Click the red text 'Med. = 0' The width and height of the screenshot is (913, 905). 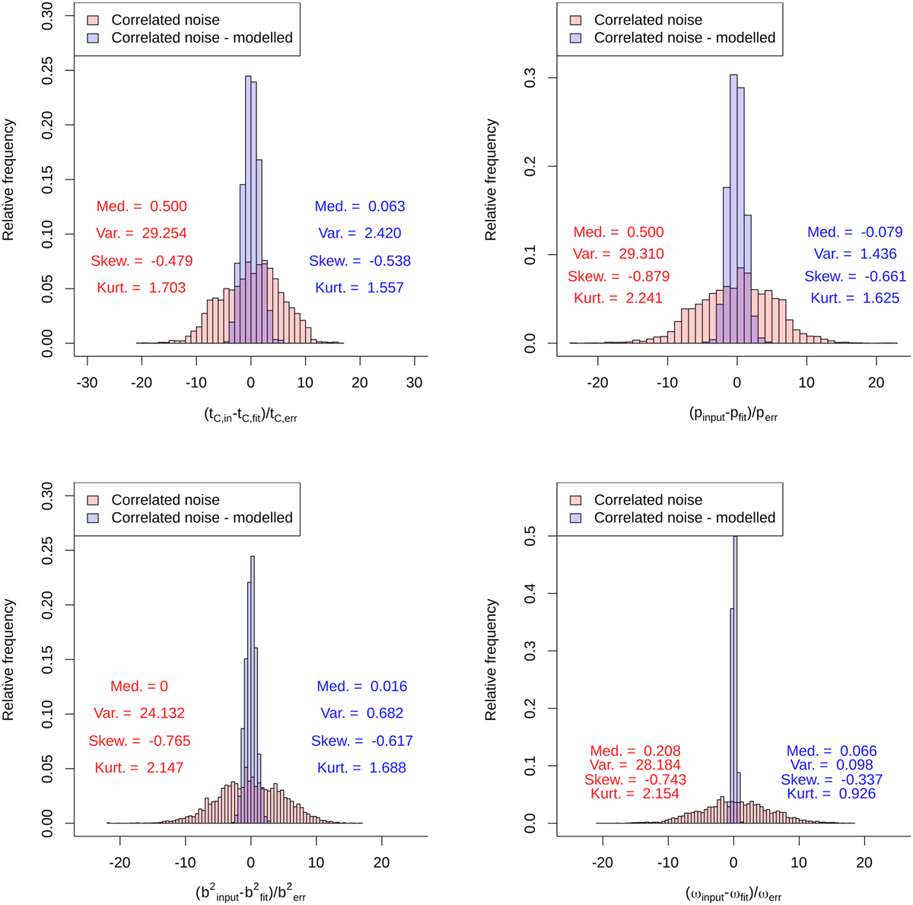click(139, 687)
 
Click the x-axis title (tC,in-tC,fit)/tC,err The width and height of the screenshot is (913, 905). click(250, 416)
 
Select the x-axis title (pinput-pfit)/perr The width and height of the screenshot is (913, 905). click(733, 416)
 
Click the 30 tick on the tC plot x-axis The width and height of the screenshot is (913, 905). click(415, 382)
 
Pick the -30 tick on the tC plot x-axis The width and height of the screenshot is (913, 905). click(87, 382)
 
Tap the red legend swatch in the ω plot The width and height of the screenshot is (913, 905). click(576, 500)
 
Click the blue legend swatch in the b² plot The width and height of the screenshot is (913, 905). click(93, 518)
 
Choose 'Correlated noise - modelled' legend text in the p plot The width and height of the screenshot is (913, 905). click(685, 38)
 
